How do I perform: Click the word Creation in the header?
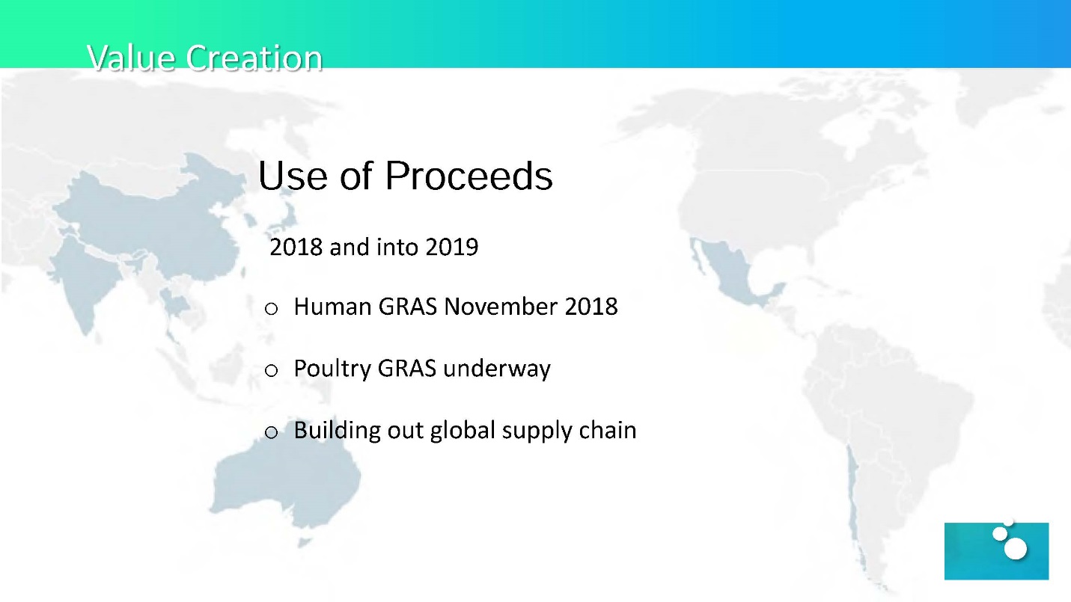click(x=254, y=58)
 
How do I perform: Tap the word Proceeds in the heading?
click(x=469, y=175)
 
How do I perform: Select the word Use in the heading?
click(x=293, y=175)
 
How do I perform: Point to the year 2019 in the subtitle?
click(x=452, y=247)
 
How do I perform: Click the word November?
click(x=501, y=307)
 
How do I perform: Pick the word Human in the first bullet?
click(x=333, y=307)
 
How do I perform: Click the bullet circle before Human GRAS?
click(x=271, y=309)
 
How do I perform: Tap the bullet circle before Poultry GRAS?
click(x=271, y=370)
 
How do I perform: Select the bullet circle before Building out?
click(x=271, y=432)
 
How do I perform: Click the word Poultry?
click(x=332, y=369)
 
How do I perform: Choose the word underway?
click(x=497, y=369)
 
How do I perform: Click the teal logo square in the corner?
click(x=996, y=551)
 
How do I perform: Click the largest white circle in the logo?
click(x=1016, y=549)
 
